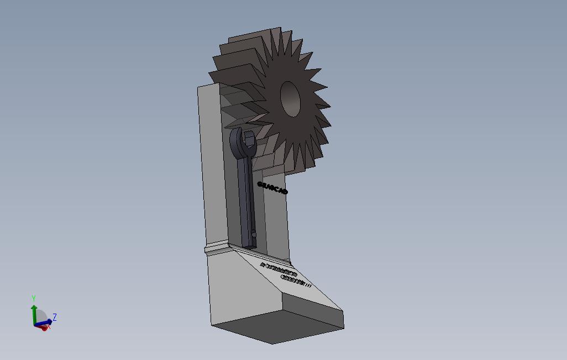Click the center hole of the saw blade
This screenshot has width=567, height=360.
[290, 99]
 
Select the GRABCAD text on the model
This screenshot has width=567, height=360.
[272, 188]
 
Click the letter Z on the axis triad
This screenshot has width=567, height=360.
[55, 317]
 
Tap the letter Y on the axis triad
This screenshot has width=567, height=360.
[34, 299]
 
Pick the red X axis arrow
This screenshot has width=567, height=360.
[43, 327]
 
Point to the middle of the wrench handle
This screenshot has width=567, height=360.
[246, 193]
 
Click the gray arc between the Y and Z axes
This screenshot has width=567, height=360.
[41, 315]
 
